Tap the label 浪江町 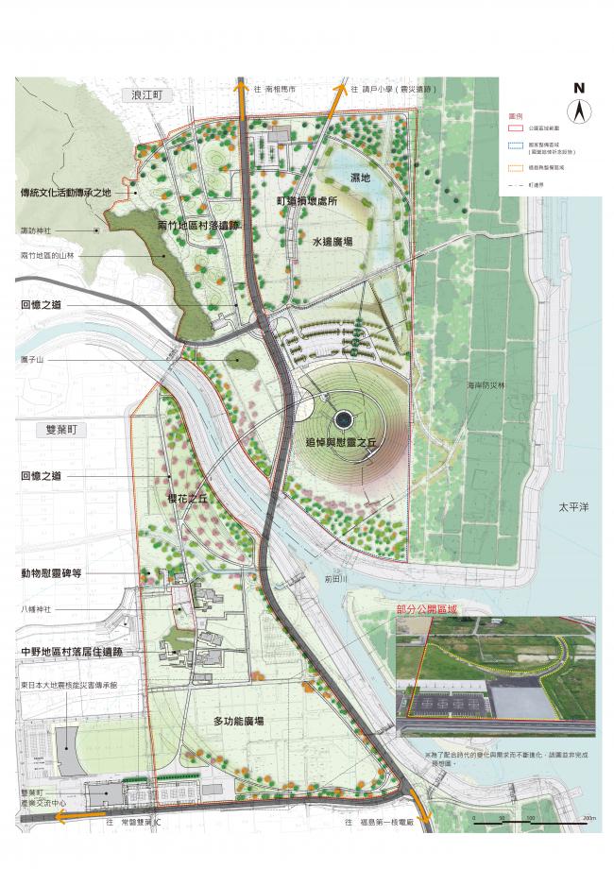(x=148, y=96)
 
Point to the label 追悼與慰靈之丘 (x=343, y=441)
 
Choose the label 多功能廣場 (x=237, y=722)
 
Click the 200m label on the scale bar (x=589, y=818)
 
